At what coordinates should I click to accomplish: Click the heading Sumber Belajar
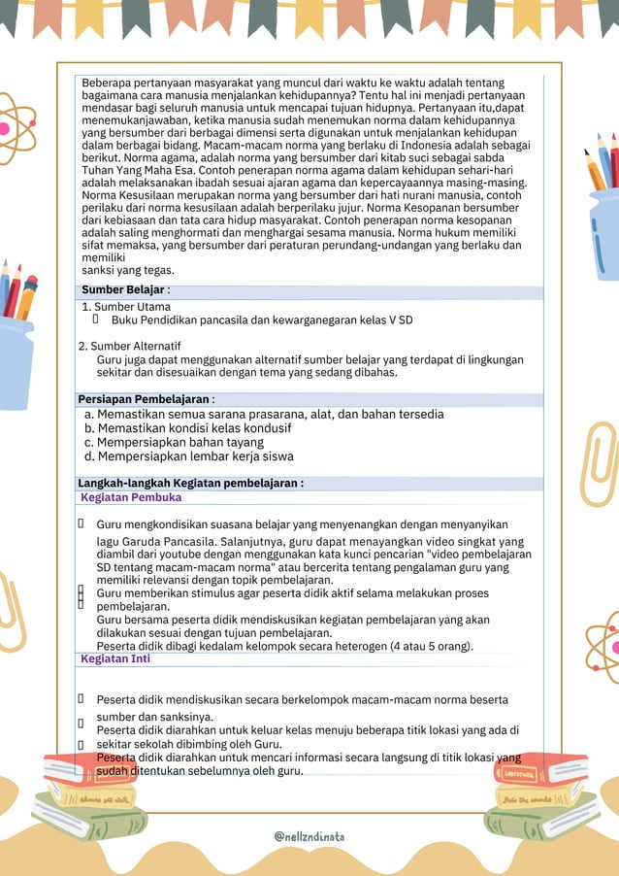(x=123, y=289)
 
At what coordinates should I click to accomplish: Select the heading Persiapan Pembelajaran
(x=144, y=399)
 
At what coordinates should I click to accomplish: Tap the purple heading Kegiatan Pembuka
(x=131, y=497)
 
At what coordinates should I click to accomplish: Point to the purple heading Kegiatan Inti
(x=115, y=658)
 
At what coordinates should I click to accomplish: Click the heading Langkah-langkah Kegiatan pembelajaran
(x=190, y=483)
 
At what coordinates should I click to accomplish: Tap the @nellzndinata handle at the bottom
(x=309, y=835)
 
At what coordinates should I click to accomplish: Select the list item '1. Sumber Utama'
(x=126, y=307)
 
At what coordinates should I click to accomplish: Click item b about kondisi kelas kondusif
(x=188, y=428)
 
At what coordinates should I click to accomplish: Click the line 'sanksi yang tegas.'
(x=128, y=271)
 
